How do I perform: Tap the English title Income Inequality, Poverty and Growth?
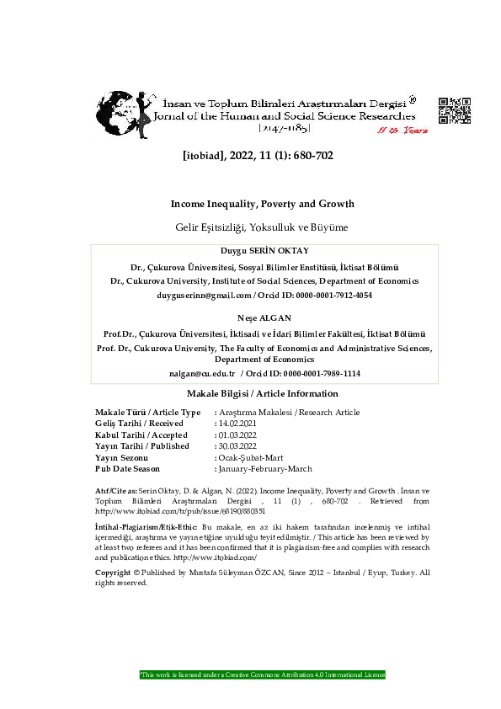tap(263, 204)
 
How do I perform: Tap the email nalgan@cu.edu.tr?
tap(200, 372)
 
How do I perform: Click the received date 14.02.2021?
tap(241, 423)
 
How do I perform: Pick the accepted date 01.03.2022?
tap(241, 434)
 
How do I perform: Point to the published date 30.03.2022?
tap(241, 445)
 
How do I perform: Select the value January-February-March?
tap(264, 467)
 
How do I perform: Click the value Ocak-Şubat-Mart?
tap(248, 456)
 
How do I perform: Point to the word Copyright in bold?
tap(113, 573)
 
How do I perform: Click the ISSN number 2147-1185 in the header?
tap(285, 128)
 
